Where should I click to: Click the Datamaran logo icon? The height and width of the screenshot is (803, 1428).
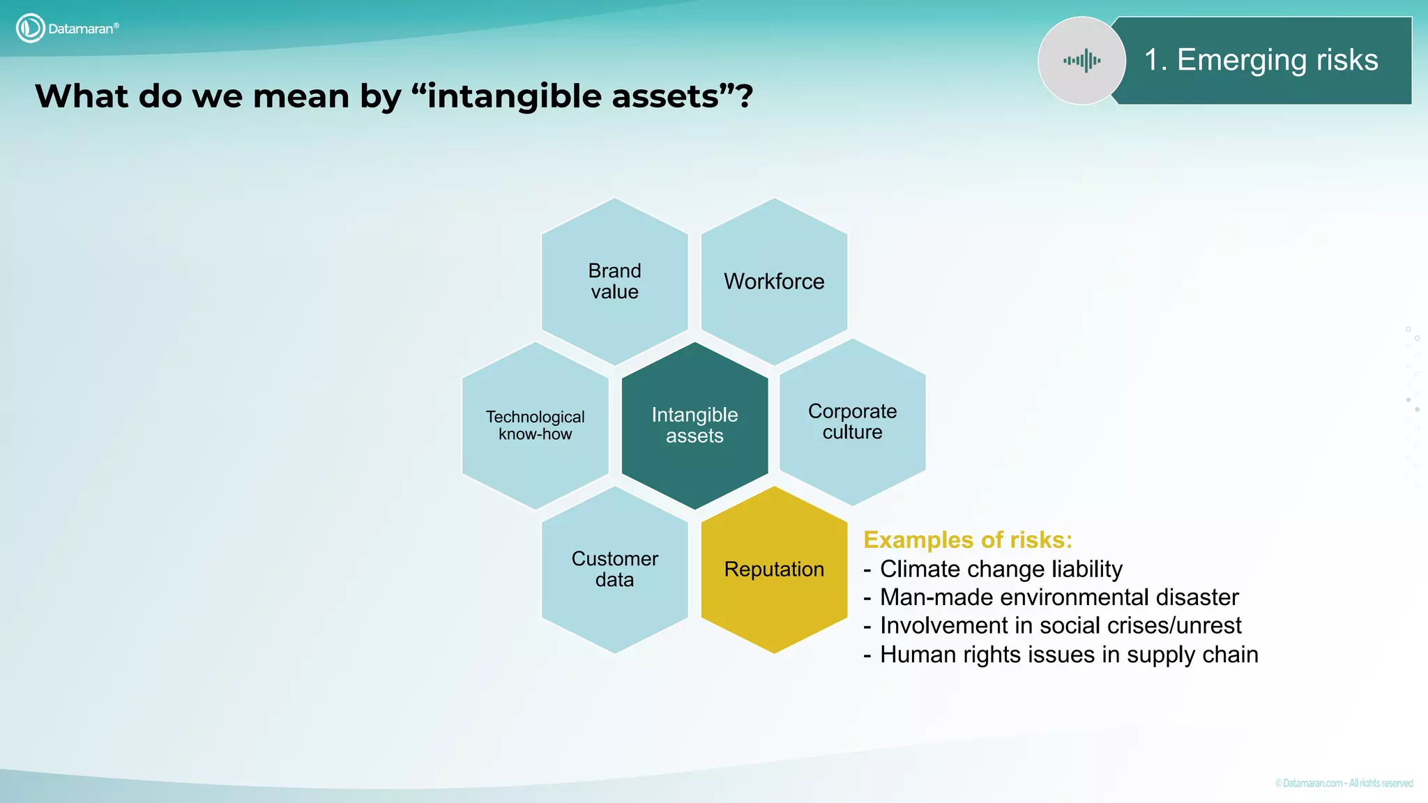[30, 29]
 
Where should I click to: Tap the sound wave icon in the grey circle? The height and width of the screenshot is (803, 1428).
[1081, 61]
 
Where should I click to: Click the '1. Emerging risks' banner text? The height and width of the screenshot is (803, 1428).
[1261, 60]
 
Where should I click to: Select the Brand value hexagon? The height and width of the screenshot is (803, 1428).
[614, 281]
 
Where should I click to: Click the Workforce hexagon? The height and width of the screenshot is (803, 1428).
[774, 281]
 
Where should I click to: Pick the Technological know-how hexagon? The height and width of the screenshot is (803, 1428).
[535, 425]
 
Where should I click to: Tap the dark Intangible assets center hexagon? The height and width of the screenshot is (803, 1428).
[694, 425]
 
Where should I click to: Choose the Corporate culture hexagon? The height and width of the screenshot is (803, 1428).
[852, 422]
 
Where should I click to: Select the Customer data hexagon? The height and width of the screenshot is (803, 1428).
[614, 569]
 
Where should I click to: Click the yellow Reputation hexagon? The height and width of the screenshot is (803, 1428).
[774, 569]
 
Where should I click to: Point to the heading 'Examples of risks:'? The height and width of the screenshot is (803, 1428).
[967, 540]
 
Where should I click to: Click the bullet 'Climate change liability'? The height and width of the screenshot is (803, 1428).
[1001, 569]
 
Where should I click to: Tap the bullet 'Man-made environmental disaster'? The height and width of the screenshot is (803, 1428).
[1058, 597]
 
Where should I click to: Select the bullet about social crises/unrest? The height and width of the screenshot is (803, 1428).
[1060, 626]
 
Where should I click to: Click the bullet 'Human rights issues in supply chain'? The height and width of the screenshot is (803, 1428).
[1068, 655]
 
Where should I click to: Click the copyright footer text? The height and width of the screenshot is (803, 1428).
[1344, 783]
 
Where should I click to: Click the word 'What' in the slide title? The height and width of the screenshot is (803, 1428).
[82, 96]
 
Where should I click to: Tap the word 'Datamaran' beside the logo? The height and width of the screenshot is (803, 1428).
[81, 29]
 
